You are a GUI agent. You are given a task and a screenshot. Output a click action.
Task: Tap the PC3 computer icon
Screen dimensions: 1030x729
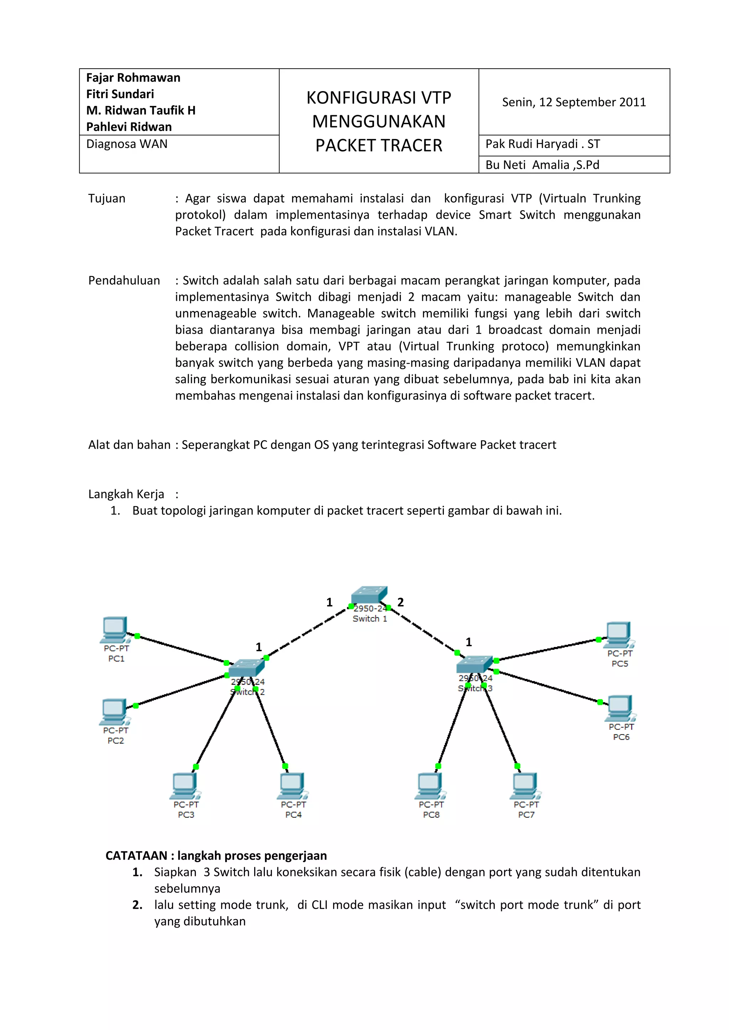184,786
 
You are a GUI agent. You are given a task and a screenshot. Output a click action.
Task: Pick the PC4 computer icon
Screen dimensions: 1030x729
292,786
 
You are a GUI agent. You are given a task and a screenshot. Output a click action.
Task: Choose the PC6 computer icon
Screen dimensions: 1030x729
620,707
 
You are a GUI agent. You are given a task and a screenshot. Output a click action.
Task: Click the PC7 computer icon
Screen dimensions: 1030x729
525,786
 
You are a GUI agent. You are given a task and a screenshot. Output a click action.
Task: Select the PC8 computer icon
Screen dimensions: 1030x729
430,786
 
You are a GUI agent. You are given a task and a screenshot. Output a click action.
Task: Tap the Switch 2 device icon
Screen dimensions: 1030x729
246,668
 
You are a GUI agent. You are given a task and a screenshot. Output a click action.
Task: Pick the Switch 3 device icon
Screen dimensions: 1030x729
474,664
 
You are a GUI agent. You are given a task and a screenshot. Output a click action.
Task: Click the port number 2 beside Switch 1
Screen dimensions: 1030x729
400,602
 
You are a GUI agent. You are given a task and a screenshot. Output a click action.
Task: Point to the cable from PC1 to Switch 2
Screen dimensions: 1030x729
182,649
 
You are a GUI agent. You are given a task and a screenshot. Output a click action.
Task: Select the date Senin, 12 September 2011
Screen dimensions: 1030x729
574,102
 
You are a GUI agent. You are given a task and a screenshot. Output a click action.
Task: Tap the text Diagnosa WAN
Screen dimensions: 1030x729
127,144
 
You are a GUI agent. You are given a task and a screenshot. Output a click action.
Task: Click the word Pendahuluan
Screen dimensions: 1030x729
124,280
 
